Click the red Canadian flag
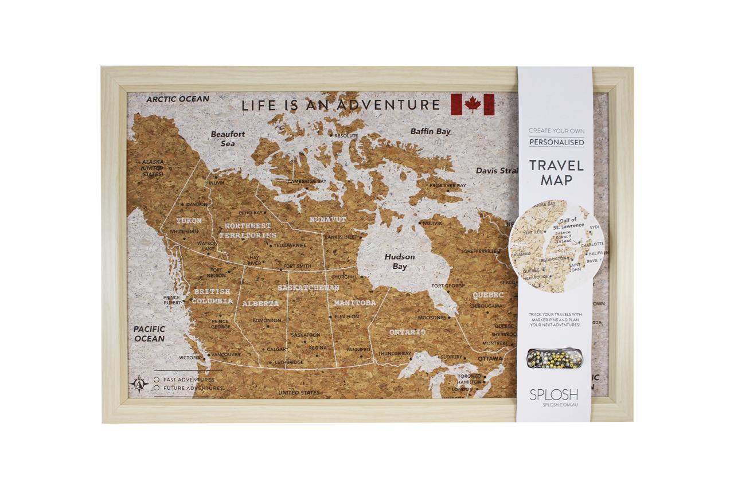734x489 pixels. coord(473,104)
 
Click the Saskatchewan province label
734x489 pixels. coord(309,288)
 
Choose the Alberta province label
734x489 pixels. coord(260,303)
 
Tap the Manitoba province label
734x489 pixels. coord(354,302)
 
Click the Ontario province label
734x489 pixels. coord(407,332)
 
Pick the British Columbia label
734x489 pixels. coord(212,296)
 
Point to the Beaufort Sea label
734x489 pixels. coord(228,139)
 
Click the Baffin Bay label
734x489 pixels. coord(430,131)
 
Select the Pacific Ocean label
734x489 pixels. coord(149,334)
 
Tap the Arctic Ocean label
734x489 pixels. coord(178,99)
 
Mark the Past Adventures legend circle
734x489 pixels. coord(156,380)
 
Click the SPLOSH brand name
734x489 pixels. coord(553,394)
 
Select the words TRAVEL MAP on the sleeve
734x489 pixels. coord(556,173)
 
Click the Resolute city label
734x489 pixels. coord(345,136)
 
